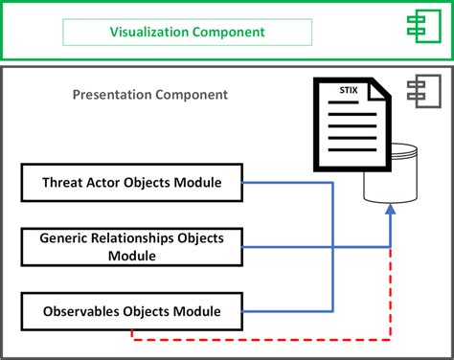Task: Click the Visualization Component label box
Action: click(187, 32)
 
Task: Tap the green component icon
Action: click(424, 26)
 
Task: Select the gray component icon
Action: click(424, 91)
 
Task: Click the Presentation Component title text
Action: click(150, 95)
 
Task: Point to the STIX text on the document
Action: click(349, 90)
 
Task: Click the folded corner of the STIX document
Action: click(378, 89)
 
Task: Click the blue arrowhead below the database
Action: click(391, 210)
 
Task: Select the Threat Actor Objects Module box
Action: click(132, 183)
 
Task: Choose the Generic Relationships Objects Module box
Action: click(132, 247)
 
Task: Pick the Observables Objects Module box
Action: click(132, 311)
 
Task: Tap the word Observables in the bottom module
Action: click(81, 311)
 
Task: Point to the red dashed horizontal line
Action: click(261, 340)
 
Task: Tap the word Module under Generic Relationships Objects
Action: click(132, 256)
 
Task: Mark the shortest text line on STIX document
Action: click(343, 102)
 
